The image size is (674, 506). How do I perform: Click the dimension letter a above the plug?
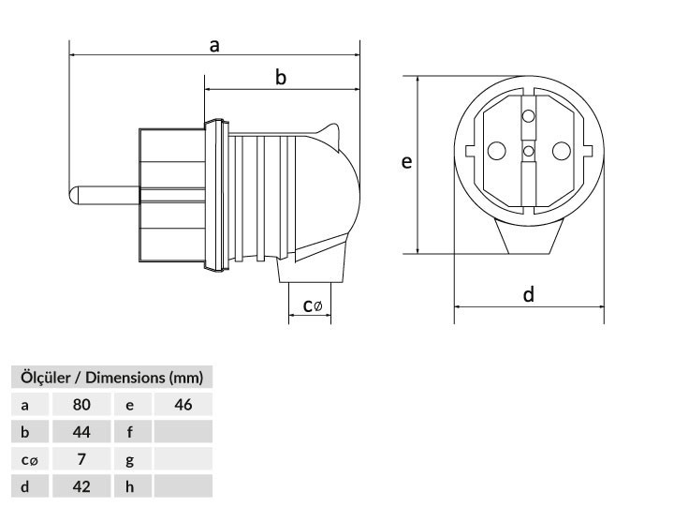pyautogui.click(x=214, y=46)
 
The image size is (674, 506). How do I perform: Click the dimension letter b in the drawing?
pyautogui.click(x=280, y=78)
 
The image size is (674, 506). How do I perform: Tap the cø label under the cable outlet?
pyautogui.click(x=312, y=305)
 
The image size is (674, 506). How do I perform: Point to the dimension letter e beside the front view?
pyautogui.click(x=406, y=162)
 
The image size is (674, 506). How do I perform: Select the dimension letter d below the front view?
pyautogui.click(x=529, y=295)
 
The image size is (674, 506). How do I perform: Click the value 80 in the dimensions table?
pyautogui.click(x=81, y=405)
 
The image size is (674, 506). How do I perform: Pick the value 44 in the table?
pyautogui.click(x=81, y=432)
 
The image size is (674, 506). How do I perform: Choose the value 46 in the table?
pyautogui.click(x=183, y=405)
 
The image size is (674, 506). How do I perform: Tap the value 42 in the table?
pyautogui.click(x=81, y=486)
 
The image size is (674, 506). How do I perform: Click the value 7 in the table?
pyautogui.click(x=81, y=459)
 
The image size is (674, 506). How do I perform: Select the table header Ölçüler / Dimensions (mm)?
pyautogui.click(x=111, y=378)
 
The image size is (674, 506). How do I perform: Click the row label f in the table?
pyautogui.click(x=130, y=432)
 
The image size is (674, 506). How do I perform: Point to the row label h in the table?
pyautogui.click(x=130, y=486)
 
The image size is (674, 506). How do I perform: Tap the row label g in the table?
pyautogui.click(x=130, y=460)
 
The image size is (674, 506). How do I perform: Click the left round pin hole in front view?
pyautogui.click(x=496, y=151)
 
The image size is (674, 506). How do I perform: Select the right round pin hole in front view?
pyautogui.click(x=562, y=151)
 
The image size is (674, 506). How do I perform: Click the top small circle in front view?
pyautogui.click(x=528, y=116)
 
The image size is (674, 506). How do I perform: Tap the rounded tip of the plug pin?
pyautogui.click(x=73, y=195)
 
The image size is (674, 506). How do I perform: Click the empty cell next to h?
pyautogui.click(x=183, y=486)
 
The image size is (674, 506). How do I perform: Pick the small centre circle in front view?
pyautogui.click(x=528, y=151)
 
